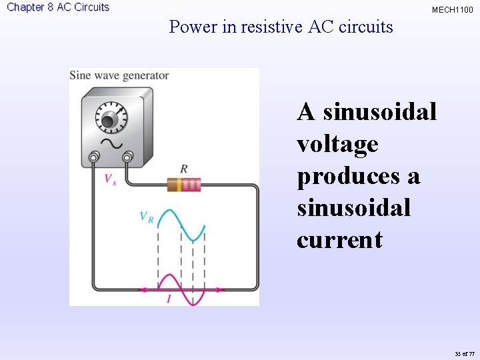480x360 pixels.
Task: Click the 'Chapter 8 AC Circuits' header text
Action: click(58, 7)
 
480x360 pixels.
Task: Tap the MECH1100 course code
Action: click(453, 9)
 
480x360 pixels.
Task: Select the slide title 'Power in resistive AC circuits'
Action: click(281, 27)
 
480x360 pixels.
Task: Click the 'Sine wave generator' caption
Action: click(119, 75)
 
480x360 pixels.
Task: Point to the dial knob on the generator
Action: click(109, 121)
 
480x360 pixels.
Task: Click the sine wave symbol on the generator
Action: click(106, 144)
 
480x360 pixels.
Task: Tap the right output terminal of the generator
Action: click(127, 158)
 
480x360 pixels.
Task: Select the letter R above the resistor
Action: click(184, 169)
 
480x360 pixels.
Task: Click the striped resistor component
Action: click(184, 185)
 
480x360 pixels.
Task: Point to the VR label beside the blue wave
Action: click(147, 217)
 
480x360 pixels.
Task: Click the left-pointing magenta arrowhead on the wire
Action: click(142, 289)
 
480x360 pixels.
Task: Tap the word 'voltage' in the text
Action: click(337, 144)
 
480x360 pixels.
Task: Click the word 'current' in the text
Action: click(340, 239)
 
